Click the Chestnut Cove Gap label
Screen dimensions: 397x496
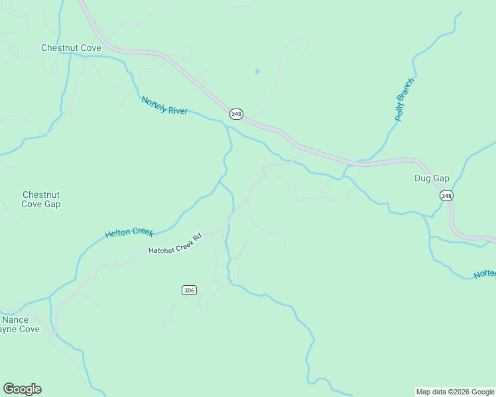pos(41,199)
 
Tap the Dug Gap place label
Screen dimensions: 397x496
pos(432,179)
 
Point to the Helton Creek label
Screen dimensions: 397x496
pos(129,233)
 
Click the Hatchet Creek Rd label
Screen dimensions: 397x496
pos(174,244)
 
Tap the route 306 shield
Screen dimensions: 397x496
pos(189,290)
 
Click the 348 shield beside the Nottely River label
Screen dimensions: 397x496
pos(236,114)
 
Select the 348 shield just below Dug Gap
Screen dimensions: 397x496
pos(446,195)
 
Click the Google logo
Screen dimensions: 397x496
pos(22,389)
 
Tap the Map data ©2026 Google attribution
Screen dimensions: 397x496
pos(455,392)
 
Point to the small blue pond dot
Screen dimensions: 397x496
pos(257,71)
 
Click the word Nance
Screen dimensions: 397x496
pos(15,320)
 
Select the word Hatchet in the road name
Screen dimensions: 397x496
pos(160,249)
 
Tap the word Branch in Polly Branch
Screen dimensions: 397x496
pos(406,92)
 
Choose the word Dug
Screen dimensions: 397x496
pos(422,179)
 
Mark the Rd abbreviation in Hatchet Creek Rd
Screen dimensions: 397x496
pos(197,236)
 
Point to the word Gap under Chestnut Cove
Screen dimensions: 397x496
pos(51,204)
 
